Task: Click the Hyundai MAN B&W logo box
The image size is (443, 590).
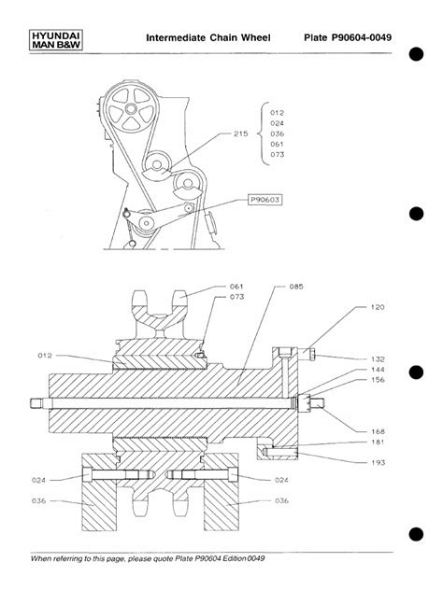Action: [x=56, y=40]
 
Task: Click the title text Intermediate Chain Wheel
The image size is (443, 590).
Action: [x=208, y=37]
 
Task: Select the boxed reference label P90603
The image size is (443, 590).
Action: [x=265, y=200]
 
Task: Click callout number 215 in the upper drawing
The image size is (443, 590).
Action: [x=241, y=133]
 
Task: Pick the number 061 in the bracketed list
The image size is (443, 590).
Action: [x=277, y=144]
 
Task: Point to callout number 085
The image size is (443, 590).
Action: [x=296, y=287]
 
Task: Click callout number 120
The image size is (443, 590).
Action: [x=378, y=307]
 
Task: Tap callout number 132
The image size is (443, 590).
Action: [x=378, y=359]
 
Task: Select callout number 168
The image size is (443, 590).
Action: [x=378, y=431]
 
